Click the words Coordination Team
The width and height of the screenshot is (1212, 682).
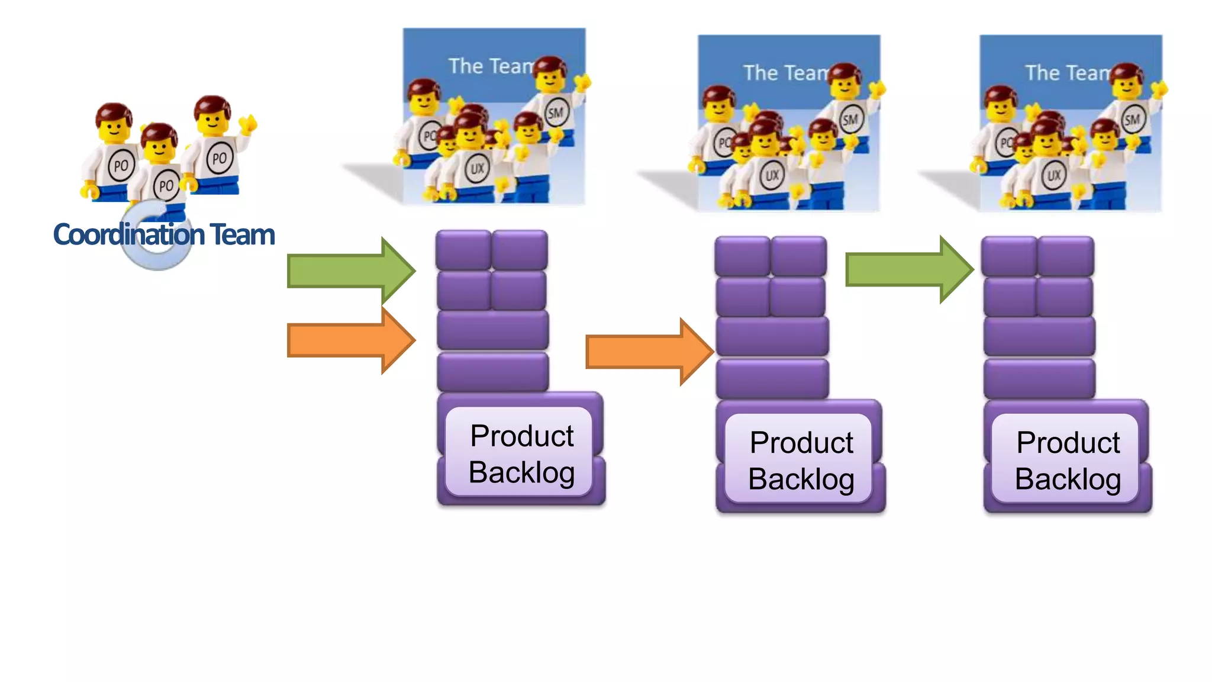164,234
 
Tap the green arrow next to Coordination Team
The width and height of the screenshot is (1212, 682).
349,271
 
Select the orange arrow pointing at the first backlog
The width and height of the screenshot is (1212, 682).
349,341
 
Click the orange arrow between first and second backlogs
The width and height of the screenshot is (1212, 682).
647,352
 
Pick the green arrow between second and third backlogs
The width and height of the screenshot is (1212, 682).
908,269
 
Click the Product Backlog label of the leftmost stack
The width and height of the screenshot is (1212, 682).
521,453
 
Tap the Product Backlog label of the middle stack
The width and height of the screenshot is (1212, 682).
801,461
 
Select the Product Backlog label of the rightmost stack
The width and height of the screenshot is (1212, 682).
1068,461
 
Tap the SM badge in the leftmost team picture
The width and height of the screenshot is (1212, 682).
556,112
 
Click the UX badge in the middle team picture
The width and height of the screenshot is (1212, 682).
772,175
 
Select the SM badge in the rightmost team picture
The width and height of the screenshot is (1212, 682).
1132,119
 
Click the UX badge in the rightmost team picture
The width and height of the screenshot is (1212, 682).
1053,175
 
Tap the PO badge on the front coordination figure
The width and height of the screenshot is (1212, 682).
166,186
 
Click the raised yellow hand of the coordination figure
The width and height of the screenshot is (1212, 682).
249,123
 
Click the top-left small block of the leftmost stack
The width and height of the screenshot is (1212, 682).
463,250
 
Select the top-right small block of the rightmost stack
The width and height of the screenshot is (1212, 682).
1066,256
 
